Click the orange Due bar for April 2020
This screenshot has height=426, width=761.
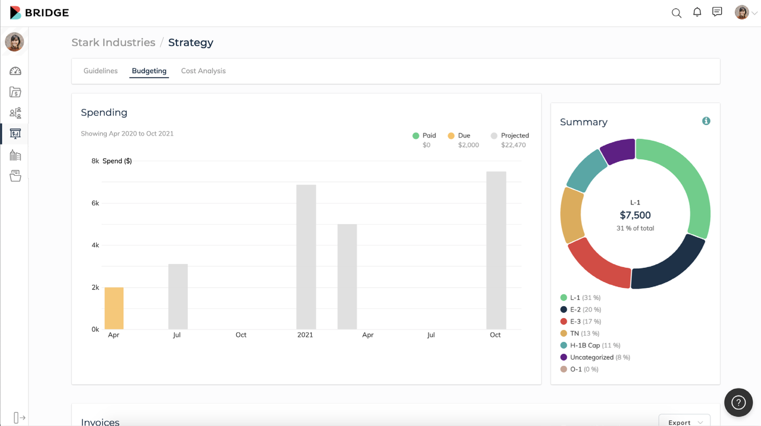tap(114, 308)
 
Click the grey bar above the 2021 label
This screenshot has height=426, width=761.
tap(306, 257)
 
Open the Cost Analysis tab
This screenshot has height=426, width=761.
tap(203, 71)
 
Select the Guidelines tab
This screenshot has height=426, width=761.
tap(100, 71)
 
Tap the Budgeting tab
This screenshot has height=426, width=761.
tap(149, 71)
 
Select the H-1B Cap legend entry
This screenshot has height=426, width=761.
tap(590, 345)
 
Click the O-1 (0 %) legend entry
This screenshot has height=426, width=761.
tap(579, 369)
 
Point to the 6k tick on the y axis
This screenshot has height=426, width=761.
tap(95, 203)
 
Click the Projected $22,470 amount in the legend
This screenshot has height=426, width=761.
tap(513, 145)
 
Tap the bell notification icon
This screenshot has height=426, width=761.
tap(697, 12)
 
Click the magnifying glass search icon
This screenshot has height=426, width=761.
tap(676, 13)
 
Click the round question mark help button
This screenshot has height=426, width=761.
tap(738, 402)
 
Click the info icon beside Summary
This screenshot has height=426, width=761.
tap(706, 121)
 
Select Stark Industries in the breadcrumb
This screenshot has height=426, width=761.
tap(113, 42)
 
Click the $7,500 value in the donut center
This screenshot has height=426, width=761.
tap(635, 215)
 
